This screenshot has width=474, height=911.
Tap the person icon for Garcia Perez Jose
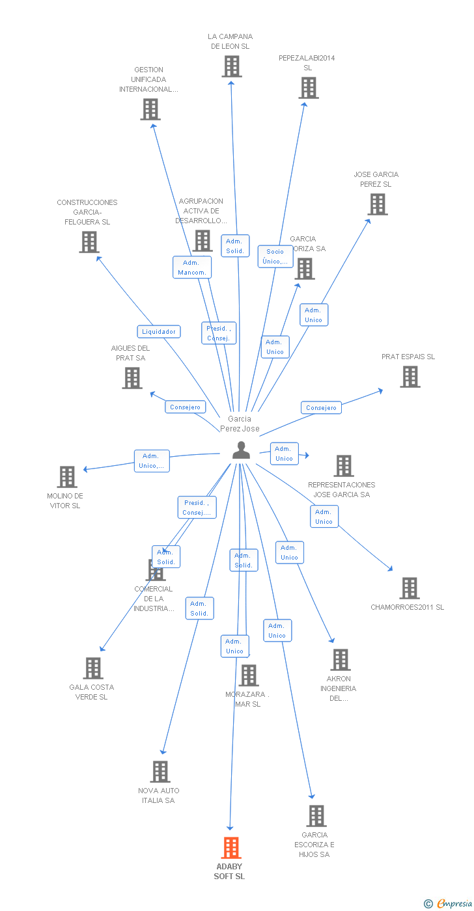pos(241,450)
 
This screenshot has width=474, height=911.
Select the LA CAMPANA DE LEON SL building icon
pos(231,66)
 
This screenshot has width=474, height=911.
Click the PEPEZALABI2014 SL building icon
pos(308,88)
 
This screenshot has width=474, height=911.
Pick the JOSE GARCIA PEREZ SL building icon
pos(377,204)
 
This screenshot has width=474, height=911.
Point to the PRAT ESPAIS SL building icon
pos(410,377)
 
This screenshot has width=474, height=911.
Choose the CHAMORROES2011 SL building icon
pos(409,588)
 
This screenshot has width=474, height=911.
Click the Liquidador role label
pos(159,332)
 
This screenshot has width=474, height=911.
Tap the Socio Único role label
pos(275,256)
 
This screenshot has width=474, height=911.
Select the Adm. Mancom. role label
pos(192,267)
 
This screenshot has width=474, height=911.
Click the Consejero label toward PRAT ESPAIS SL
pos(322,408)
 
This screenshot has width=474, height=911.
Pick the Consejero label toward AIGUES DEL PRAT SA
pos(185,407)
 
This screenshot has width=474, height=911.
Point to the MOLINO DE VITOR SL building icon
pos(66,477)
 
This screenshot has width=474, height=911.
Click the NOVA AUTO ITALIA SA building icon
pos(160,772)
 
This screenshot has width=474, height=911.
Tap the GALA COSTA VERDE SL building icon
pos(93,668)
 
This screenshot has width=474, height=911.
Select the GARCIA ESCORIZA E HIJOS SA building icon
pos(316,816)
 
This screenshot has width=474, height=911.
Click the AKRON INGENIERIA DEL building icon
pos(340,660)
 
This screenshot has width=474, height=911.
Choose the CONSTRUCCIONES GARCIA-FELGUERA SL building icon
pos(89,242)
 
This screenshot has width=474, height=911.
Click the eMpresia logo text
pos(453,903)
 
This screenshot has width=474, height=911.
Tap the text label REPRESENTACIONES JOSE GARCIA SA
pos(341,489)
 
